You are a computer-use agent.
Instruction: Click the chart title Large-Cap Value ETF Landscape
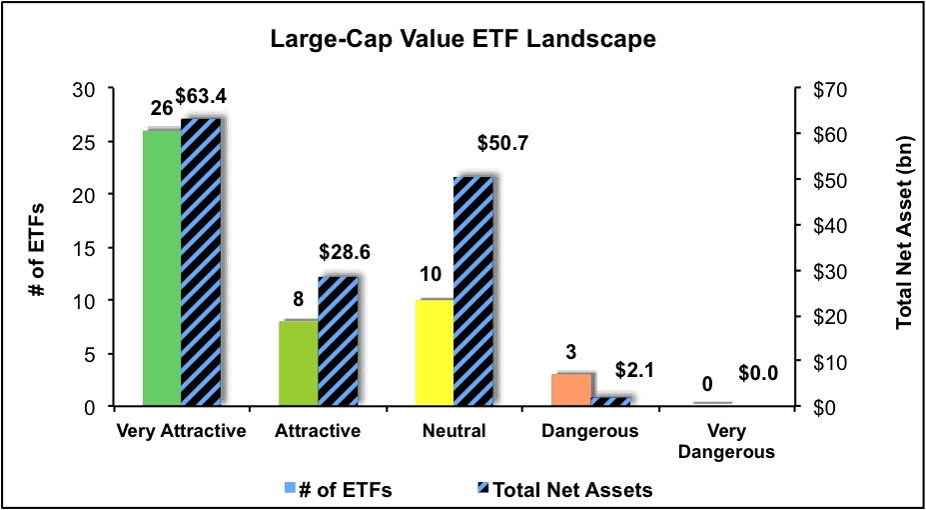point(463,40)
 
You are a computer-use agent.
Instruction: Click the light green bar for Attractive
point(299,363)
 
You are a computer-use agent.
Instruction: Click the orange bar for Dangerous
point(570,390)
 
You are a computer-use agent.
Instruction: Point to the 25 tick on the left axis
point(87,142)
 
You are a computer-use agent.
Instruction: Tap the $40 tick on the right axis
point(822,226)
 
